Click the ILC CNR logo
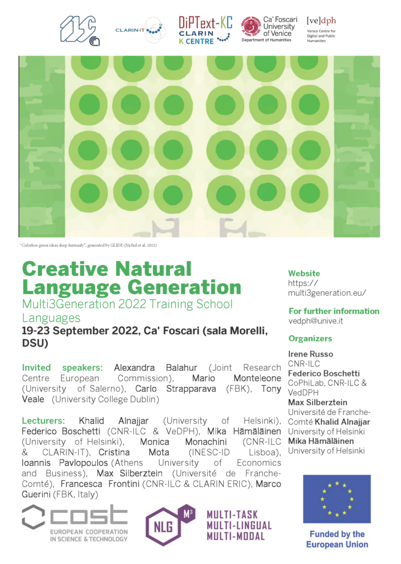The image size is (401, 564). pyautogui.click(x=80, y=31)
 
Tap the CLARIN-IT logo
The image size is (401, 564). pyautogui.click(x=140, y=30)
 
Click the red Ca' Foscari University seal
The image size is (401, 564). pyautogui.click(x=251, y=26)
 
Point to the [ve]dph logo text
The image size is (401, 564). pyautogui.click(x=321, y=21)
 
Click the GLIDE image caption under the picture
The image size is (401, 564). pyautogui.click(x=88, y=245)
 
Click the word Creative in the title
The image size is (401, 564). pyautogui.click(x=65, y=269)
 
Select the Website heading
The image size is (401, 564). pyautogui.click(x=304, y=273)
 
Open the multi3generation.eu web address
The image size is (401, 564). pyautogui.click(x=327, y=288)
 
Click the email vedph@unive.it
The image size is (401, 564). pyautogui.click(x=316, y=321)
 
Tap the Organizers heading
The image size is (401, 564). pyautogui.click(x=310, y=339)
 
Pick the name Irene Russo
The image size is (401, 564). pyautogui.click(x=310, y=354)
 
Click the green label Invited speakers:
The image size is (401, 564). pyautogui.click(x=62, y=367)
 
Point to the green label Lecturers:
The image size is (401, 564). pyautogui.click(x=43, y=420)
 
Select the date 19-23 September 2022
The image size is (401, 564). pyautogui.click(x=80, y=330)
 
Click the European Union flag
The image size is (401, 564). pyautogui.click(x=337, y=499)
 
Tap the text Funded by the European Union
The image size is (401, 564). pyautogui.click(x=337, y=539)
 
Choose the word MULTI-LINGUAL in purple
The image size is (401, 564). pyautogui.click(x=239, y=525)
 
